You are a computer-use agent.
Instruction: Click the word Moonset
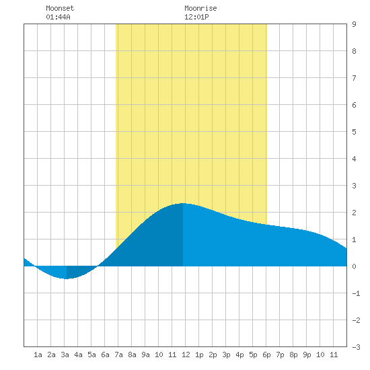pos(60,9)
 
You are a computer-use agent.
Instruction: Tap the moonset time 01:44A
pos(58,17)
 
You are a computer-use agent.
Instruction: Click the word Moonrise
pos(200,9)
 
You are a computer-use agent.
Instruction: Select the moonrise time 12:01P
pos(196,17)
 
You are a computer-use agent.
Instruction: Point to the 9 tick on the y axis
pos(354,24)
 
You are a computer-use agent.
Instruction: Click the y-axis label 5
pos(354,132)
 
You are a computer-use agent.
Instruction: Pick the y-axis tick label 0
pos(354,266)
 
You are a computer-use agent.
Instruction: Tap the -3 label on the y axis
pos(356,347)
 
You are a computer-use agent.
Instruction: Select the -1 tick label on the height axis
pos(356,293)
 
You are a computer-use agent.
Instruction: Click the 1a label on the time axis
pos(38,355)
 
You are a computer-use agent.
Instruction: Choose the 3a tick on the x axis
pos(65,355)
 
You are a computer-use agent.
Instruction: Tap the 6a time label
pos(105,355)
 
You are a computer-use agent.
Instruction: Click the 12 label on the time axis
pos(186,355)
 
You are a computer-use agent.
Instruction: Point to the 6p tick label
pos(266,355)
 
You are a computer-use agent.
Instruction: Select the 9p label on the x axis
pos(307,355)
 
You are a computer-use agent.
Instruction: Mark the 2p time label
pos(213,355)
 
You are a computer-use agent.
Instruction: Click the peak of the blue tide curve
pos(183,203)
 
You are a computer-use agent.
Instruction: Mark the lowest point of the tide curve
pos(67,279)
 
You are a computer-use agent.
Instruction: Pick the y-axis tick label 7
pos(354,78)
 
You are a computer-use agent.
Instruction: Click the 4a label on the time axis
pos(78,355)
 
